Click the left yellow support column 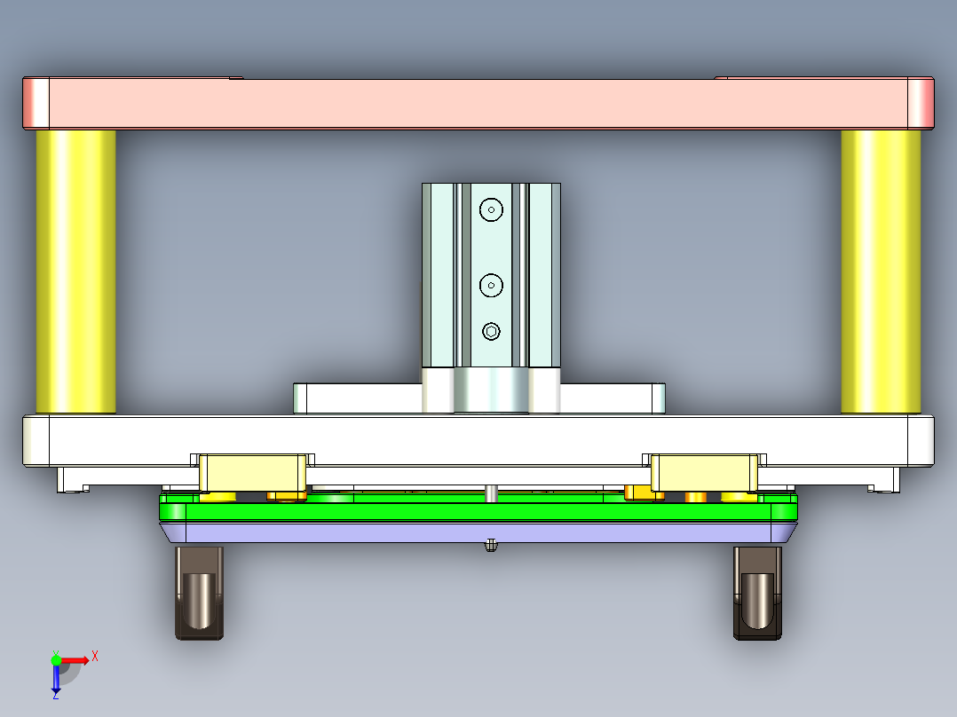pyautogui.click(x=75, y=271)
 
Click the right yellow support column pyautogui.click(x=881, y=271)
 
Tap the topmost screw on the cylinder pyautogui.click(x=491, y=209)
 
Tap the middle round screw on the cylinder pyautogui.click(x=491, y=285)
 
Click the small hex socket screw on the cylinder pyautogui.click(x=492, y=332)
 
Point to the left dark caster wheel pyautogui.click(x=199, y=593)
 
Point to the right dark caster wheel pyautogui.click(x=757, y=593)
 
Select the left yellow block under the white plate pyautogui.click(x=252, y=472)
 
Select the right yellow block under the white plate pyautogui.click(x=705, y=472)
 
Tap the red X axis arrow pyautogui.click(x=80, y=659)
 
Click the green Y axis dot pyautogui.click(x=56, y=659)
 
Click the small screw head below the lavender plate pyautogui.click(x=490, y=546)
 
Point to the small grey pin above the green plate pyautogui.click(x=490, y=492)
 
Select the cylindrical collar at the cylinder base pyautogui.click(x=491, y=391)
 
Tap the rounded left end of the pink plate pyautogui.click(x=36, y=104)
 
